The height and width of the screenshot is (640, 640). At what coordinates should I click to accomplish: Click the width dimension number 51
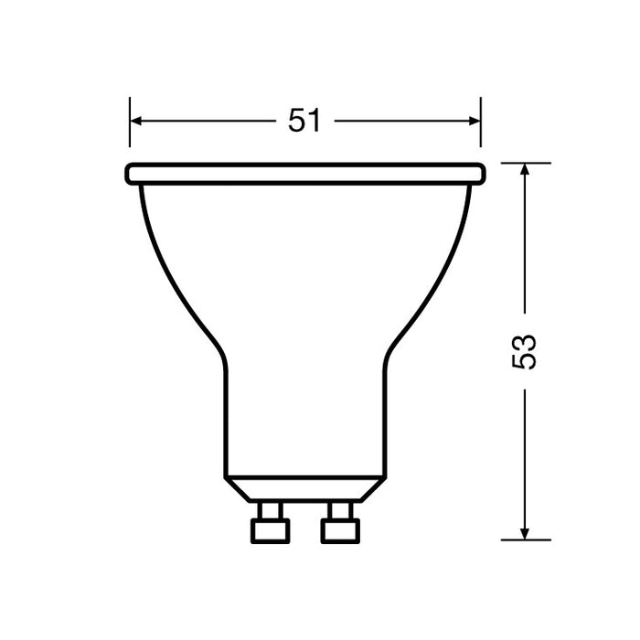pyautogui.click(x=304, y=121)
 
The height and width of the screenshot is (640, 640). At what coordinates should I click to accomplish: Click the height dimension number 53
pyautogui.click(x=525, y=351)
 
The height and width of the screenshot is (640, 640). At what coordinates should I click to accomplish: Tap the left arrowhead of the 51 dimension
pyautogui.click(x=136, y=121)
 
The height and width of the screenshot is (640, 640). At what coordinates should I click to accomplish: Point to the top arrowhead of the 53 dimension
pyautogui.click(x=525, y=170)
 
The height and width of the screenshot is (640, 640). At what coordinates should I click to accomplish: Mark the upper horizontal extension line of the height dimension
pyautogui.click(x=527, y=163)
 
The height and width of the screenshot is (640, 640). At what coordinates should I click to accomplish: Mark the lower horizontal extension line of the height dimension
pyautogui.click(x=527, y=539)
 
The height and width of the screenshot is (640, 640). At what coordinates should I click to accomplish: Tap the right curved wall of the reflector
pyautogui.click(x=443, y=274)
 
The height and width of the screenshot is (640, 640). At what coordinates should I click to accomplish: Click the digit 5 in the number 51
pyautogui.click(x=296, y=121)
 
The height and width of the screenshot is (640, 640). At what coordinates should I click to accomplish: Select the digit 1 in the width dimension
pyautogui.click(x=315, y=121)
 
